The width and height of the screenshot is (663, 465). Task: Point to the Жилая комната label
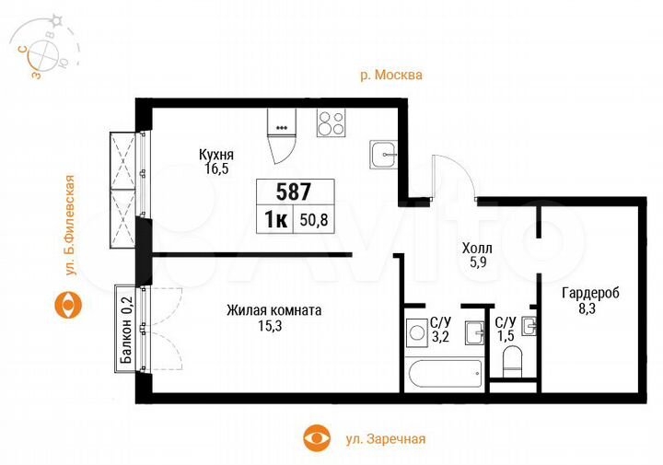click(x=273, y=310)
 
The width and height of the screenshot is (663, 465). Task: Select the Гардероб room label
click(x=590, y=292)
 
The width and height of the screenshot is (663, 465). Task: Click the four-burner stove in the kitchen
click(x=331, y=122)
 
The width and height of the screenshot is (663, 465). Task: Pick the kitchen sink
click(x=384, y=154)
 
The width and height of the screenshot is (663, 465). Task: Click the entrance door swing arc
click(x=453, y=177)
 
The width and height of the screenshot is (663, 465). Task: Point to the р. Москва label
click(x=391, y=76)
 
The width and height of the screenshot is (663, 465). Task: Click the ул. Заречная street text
click(x=379, y=439)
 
